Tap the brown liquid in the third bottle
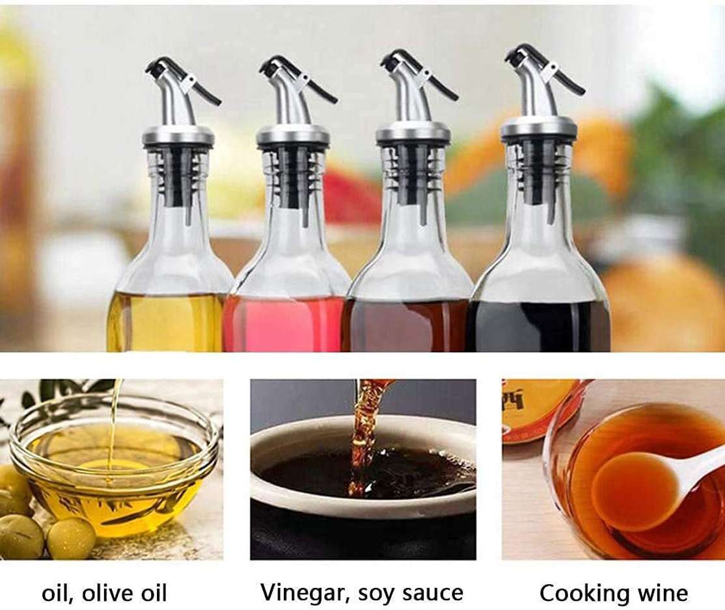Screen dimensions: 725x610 [x=406, y=326]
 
